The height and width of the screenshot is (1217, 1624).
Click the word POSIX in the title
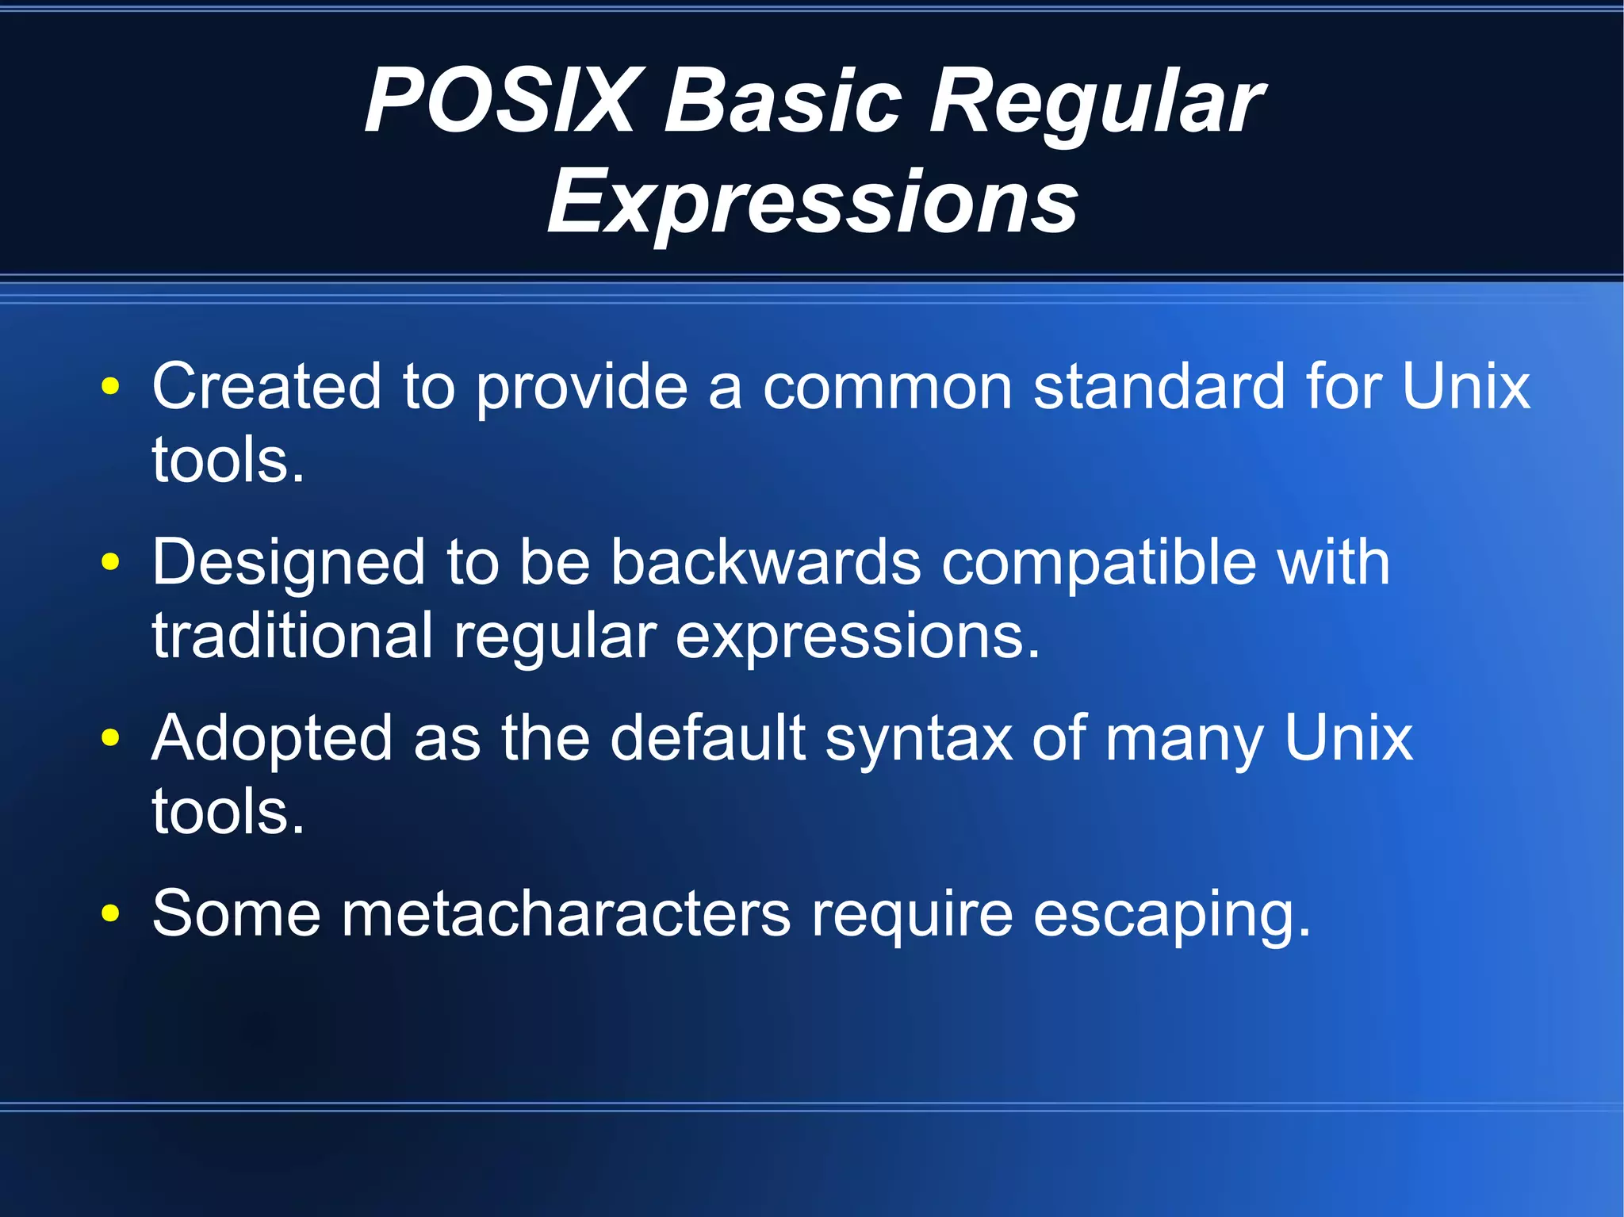click(500, 101)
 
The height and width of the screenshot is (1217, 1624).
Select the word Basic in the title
click(783, 101)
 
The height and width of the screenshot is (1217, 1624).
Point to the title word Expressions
click(812, 202)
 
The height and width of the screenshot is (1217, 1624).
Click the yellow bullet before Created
click(111, 388)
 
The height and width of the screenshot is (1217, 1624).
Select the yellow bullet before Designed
click(111, 563)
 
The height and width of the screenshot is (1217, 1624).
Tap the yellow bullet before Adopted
click(111, 739)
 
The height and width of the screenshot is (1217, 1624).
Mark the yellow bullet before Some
click(111, 914)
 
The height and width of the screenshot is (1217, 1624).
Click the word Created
click(266, 386)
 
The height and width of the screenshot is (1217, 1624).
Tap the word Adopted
click(272, 740)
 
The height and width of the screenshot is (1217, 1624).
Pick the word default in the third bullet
click(707, 738)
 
